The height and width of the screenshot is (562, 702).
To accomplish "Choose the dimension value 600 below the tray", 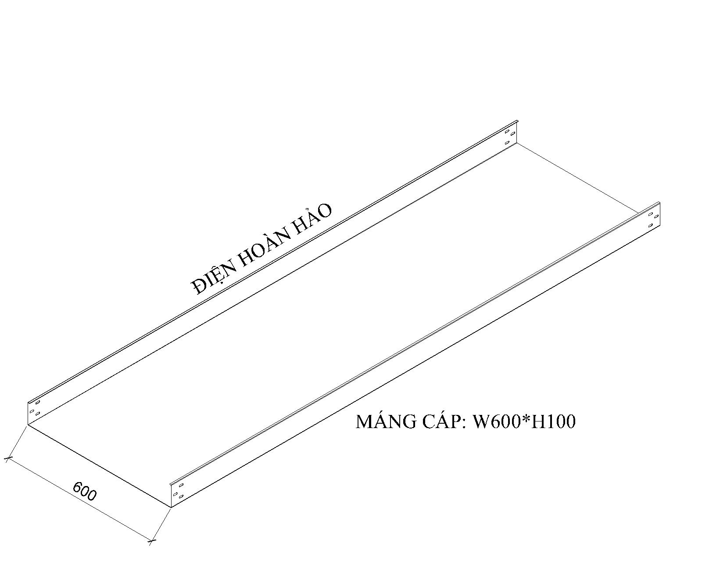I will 84,491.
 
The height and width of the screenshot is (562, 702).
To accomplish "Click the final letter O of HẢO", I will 324,212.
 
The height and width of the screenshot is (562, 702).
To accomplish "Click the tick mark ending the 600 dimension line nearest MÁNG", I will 151,541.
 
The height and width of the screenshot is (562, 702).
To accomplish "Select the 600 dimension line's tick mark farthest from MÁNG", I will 8,459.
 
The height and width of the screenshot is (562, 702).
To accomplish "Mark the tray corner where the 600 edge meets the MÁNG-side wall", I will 170,507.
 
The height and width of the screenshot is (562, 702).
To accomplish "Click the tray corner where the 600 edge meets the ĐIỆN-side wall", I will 28,425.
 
